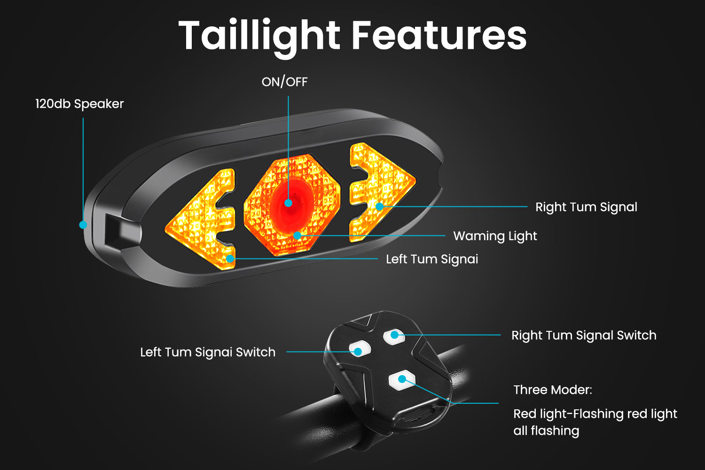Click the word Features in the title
point(439,36)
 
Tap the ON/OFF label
point(284,82)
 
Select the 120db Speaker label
point(79,104)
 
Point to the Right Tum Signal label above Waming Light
point(586,207)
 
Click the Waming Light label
point(495,236)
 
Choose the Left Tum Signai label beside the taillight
point(432,259)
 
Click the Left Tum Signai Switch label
point(208,352)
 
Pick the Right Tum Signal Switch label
point(584,336)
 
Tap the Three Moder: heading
point(553,390)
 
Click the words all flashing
point(546,431)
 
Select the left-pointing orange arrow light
point(202,219)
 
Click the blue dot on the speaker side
point(83,225)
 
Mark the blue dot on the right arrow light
point(379,206)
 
